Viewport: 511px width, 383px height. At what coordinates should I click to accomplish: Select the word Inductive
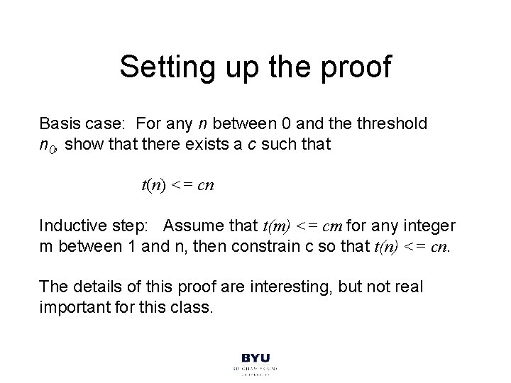tap(71, 227)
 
